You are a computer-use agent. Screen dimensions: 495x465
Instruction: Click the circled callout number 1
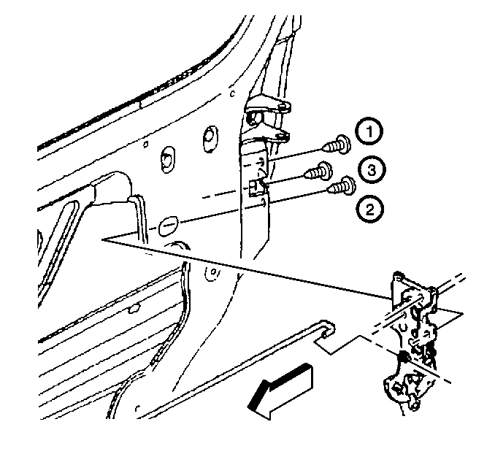click(x=369, y=131)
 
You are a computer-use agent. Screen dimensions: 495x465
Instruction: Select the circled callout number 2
click(x=369, y=210)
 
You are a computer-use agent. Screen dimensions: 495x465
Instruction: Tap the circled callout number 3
click(x=372, y=170)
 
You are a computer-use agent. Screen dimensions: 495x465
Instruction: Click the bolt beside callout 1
click(x=337, y=145)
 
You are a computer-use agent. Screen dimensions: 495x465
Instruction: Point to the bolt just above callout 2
click(x=342, y=185)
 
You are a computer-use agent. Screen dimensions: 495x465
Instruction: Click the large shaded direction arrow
click(x=280, y=391)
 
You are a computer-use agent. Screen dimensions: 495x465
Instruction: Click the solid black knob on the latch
click(x=404, y=356)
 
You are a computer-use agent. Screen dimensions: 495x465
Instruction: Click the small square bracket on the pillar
click(x=255, y=188)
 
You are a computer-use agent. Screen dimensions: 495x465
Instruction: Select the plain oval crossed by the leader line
click(x=168, y=226)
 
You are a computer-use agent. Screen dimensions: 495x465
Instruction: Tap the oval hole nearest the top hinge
click(x=210, y=139)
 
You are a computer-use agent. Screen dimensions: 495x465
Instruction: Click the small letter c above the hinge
click(x=233, y=93)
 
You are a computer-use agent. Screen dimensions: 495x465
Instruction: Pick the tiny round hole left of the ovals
click(x=146, y=145)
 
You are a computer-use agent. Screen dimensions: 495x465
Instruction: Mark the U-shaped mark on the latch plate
click(x=402, y=327)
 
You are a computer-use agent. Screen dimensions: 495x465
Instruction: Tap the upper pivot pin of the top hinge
click(x=285, y=107)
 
